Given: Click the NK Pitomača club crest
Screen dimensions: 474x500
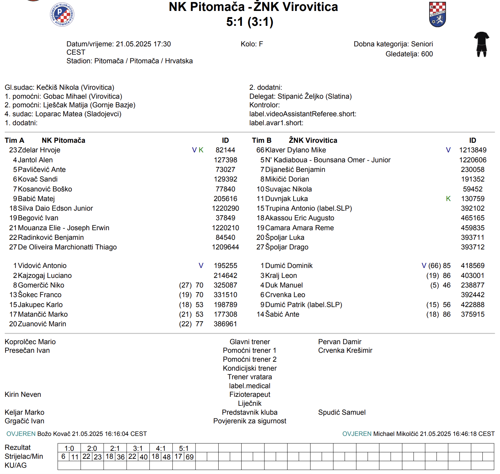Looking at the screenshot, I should click(62, 15).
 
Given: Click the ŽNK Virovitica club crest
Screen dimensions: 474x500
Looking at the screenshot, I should click(437, 15).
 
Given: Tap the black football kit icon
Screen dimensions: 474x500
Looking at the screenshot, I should click(481, 44).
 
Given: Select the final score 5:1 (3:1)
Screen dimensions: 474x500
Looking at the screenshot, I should click(250, 22).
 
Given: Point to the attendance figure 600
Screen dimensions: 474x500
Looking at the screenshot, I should click(427, 54).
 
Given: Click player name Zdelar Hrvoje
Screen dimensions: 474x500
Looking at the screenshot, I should click(39, 150).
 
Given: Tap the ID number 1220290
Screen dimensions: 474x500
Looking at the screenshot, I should click(225, 208).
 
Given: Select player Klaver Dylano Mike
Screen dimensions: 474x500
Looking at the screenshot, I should click(296, 150).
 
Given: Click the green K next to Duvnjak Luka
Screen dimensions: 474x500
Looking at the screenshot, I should click(448, 199).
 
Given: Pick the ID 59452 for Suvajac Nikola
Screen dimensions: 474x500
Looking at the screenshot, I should click(472, 189).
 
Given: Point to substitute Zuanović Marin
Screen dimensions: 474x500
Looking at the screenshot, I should click(42, 324).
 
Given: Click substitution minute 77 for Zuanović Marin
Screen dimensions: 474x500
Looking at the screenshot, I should click(199, 324).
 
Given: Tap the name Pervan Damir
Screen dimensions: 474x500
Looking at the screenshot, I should click(340, 342).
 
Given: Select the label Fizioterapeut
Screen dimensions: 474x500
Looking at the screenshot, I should click(250, 395).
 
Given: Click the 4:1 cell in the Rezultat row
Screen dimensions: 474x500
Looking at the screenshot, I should click(161, 448).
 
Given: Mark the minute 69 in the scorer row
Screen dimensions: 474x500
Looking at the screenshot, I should click(190, 457).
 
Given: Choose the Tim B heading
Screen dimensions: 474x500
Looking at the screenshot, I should click(261, 140).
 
